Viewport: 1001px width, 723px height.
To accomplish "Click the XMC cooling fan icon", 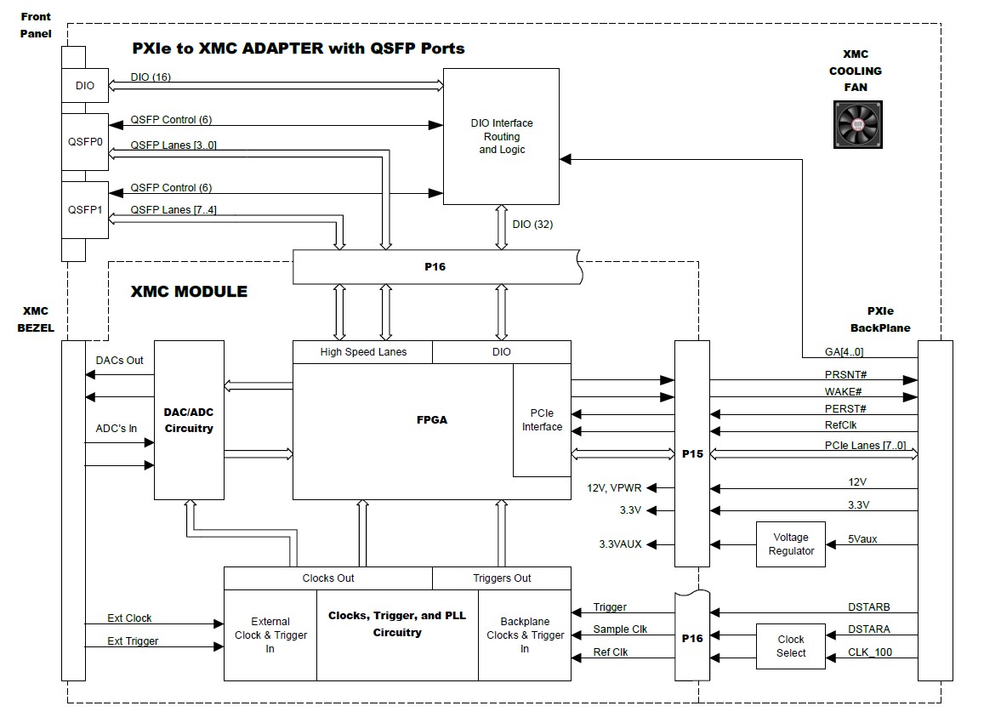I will (857, 125).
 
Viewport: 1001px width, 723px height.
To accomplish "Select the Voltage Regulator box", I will (791, 544).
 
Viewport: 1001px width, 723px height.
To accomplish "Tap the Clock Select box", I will (791, 646).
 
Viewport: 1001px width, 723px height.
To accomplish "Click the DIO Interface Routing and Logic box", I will (501, 136).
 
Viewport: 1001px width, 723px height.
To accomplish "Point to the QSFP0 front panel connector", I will (85, 142).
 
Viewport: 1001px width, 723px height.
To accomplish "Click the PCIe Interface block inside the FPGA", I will (542, 420).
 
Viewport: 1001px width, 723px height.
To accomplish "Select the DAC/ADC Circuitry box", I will (189, 419).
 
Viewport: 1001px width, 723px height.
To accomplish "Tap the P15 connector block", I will (692, 453).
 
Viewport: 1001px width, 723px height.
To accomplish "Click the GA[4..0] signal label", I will (844, 351).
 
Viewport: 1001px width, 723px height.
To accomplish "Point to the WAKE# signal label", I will (844, 392).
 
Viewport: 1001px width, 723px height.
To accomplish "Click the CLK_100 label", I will (869, 652).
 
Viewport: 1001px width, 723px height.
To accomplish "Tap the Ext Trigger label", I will (133, 640).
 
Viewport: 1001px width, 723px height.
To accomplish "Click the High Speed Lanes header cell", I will (363, 351).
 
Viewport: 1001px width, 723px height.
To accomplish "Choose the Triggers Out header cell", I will (502, 578).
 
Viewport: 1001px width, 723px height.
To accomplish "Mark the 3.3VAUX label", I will (621, 544).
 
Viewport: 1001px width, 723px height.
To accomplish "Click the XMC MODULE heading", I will (189, 292).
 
